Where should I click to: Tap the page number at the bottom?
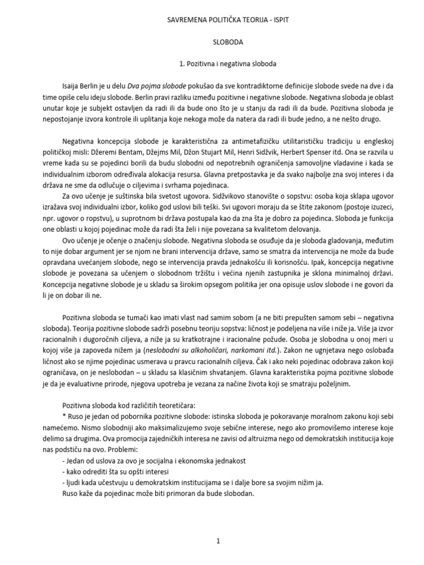(x=219, y=526)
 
